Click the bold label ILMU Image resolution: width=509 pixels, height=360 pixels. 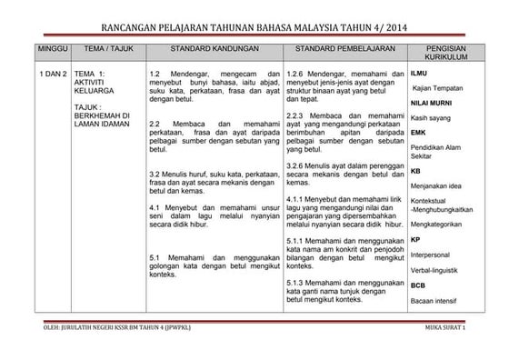click(x=419, y=73)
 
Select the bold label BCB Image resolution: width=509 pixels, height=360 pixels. click(x=419, y=285)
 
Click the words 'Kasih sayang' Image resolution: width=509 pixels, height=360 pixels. click(x=431, y=118)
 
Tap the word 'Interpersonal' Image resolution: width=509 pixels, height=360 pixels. click(x=434, y=255)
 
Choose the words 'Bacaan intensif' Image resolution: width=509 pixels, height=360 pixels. click(x=435, y=300)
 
